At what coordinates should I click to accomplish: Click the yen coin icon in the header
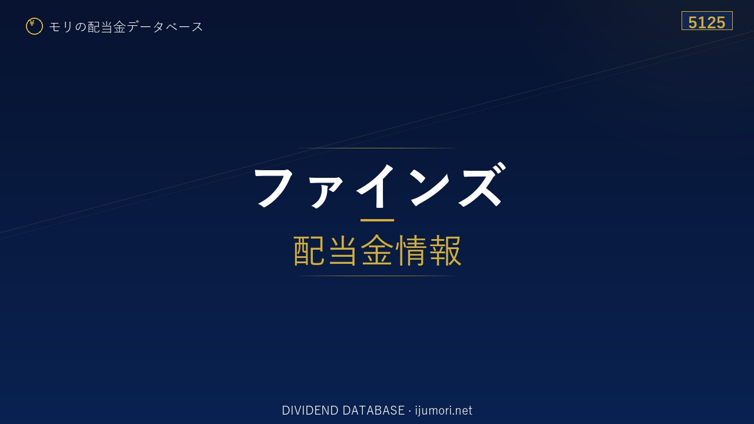pyautogui.click(x=34, y=26)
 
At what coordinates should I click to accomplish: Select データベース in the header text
pyautogui.click(x=165, y=27)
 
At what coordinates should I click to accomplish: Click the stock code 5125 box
pyautogui.click(x=707, y=21)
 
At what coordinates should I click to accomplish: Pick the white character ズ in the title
pyautogui.click(x=482, y=184)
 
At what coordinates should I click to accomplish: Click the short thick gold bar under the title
pyautogui.click(x=377, y=220)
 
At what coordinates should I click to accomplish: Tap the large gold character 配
pyautogui.click(x=309, y=251)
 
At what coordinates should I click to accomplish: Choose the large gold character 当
pyautogui.click(x=343, y=251)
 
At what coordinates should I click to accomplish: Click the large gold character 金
pyautogui.click(x=377, y=251)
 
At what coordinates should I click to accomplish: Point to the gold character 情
pyautogui.click(x=411, y=251)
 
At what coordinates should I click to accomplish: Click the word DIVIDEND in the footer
pyautogui.click(x=310, y=410)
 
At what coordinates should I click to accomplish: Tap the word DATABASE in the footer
pyautogui.click(x=373, y=410)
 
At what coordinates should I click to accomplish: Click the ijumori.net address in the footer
pyautogui.click(x=444, y=410)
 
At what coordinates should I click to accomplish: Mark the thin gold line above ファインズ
pyautogui.click(x=377, y=148)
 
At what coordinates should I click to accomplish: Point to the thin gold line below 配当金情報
pyautogui.click(x=377, y=276)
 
